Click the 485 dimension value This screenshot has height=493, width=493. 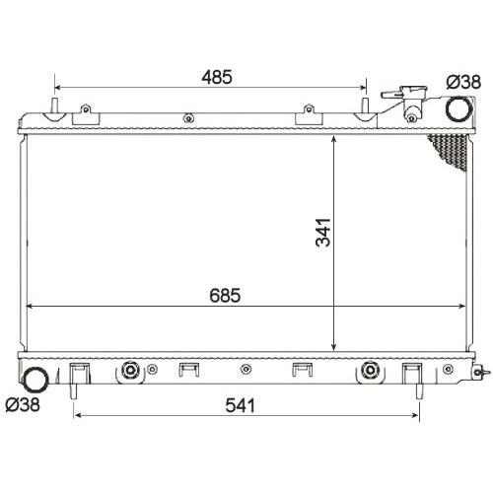point(217,77)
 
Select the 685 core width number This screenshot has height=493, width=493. point(225,295)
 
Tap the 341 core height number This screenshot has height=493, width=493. point(322,232)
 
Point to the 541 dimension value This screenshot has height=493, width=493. point(241,405)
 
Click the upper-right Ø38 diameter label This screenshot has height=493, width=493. point(463,82)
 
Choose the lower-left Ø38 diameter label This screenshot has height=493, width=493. point(23,404)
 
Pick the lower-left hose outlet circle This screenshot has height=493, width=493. point(36,380)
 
